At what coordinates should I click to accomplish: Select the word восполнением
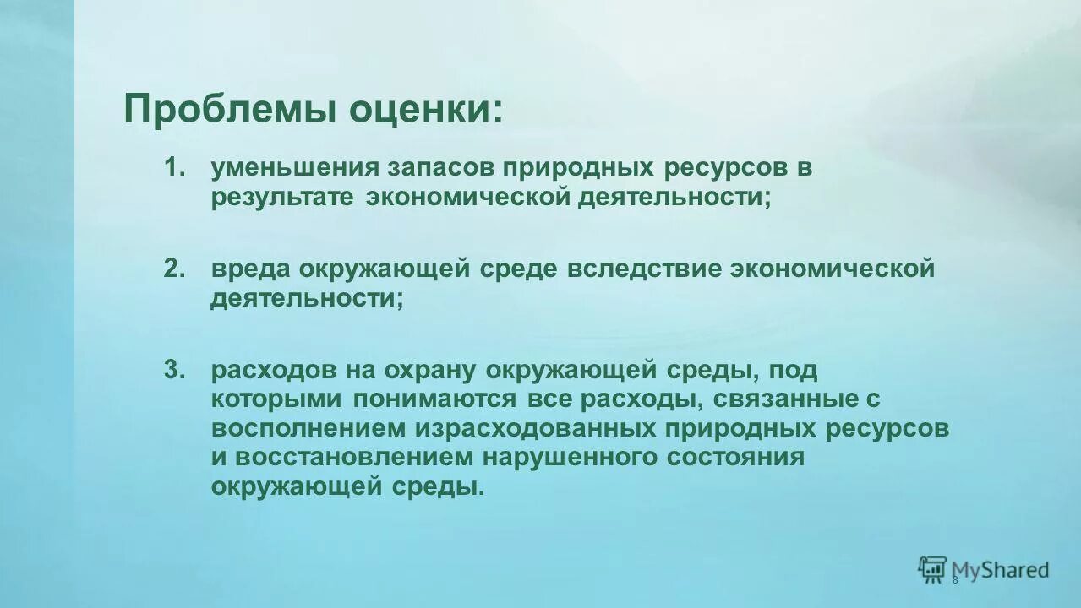pyautogui.click(x=308, y=428)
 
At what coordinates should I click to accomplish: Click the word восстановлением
pyautogui.click(x=355, y=457)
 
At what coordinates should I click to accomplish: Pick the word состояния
pyautogui.click(x=734, y=457)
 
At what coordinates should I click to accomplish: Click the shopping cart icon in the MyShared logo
pyautogui.click(x=932, y=569)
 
